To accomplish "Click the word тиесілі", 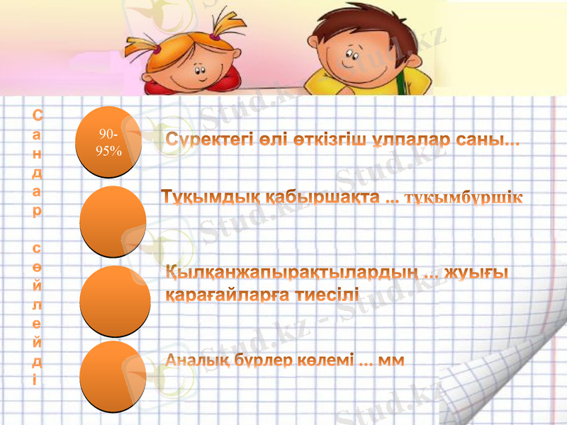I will [328, 293].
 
